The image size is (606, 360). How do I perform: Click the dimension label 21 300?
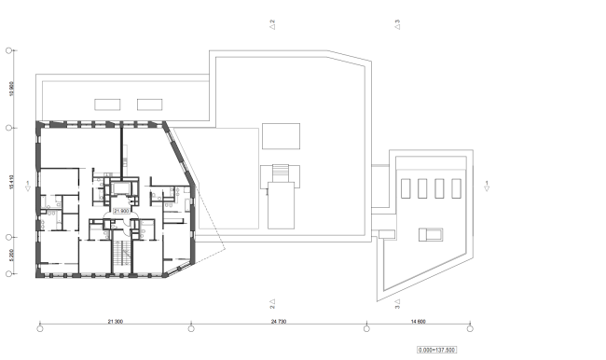pyautogui.click(x=116, y=322)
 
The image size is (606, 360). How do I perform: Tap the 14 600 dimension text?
pyautogui.click(x=418, y=322)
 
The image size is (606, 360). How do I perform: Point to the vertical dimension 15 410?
pyautogui.click(x=10, y=181)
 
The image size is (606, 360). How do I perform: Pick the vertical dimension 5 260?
pyautogui.click(x=10, y=256)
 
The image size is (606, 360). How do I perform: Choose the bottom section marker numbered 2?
pyautogui.click(x=271, y=303)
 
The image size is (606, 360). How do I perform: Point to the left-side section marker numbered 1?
pyautogui.click(x=30, y=184)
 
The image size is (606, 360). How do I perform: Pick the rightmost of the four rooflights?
pyautogui.click(x=456, y=187)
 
